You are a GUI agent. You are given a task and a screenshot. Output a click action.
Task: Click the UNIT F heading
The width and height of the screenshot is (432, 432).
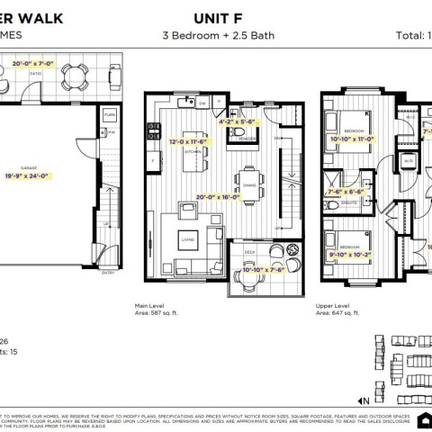point(216,17)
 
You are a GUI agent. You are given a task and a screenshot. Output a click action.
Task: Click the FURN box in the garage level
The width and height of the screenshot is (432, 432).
point(109,116)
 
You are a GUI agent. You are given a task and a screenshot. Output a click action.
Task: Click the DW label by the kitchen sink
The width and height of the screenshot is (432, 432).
point(203,103)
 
